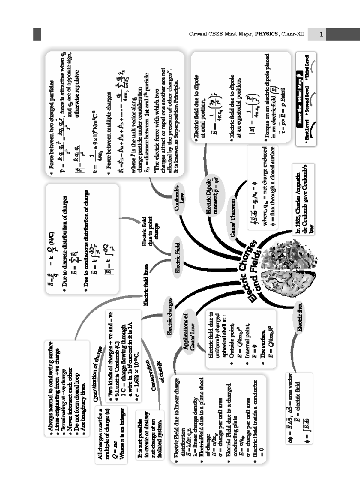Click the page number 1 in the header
(x=321, y=34)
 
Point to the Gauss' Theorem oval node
(x=233, y=217)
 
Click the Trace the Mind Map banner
(x=299, y=99)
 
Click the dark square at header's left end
(x=37, y=34)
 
